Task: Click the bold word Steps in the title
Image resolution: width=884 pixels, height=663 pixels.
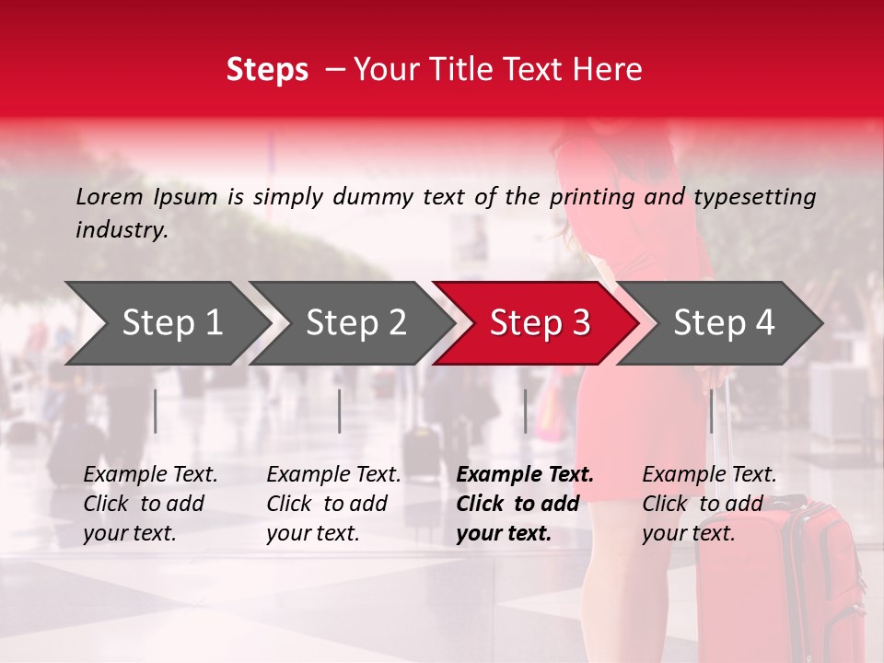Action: coord(267,70)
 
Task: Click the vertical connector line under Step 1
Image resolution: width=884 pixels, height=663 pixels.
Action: coord(156,411)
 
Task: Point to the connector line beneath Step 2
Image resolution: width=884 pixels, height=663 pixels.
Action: coord(340,411)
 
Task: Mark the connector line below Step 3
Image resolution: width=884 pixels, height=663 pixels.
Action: coord(526,411)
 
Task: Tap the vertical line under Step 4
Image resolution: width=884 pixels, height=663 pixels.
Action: coord(712,411)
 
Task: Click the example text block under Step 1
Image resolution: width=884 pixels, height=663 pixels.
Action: coord(149,504)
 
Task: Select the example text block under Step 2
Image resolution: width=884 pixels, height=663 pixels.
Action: coord(332,504)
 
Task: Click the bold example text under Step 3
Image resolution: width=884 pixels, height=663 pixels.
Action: coord(523,504)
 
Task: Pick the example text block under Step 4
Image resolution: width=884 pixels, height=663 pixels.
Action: coord(708,504)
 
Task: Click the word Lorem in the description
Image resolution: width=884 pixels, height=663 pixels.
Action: coord(110,196)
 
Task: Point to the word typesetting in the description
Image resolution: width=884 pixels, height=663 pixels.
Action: coord(754,196)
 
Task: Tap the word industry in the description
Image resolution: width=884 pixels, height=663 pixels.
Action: coord(121,230)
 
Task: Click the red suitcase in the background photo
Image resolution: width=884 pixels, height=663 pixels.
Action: coord(792,580)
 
